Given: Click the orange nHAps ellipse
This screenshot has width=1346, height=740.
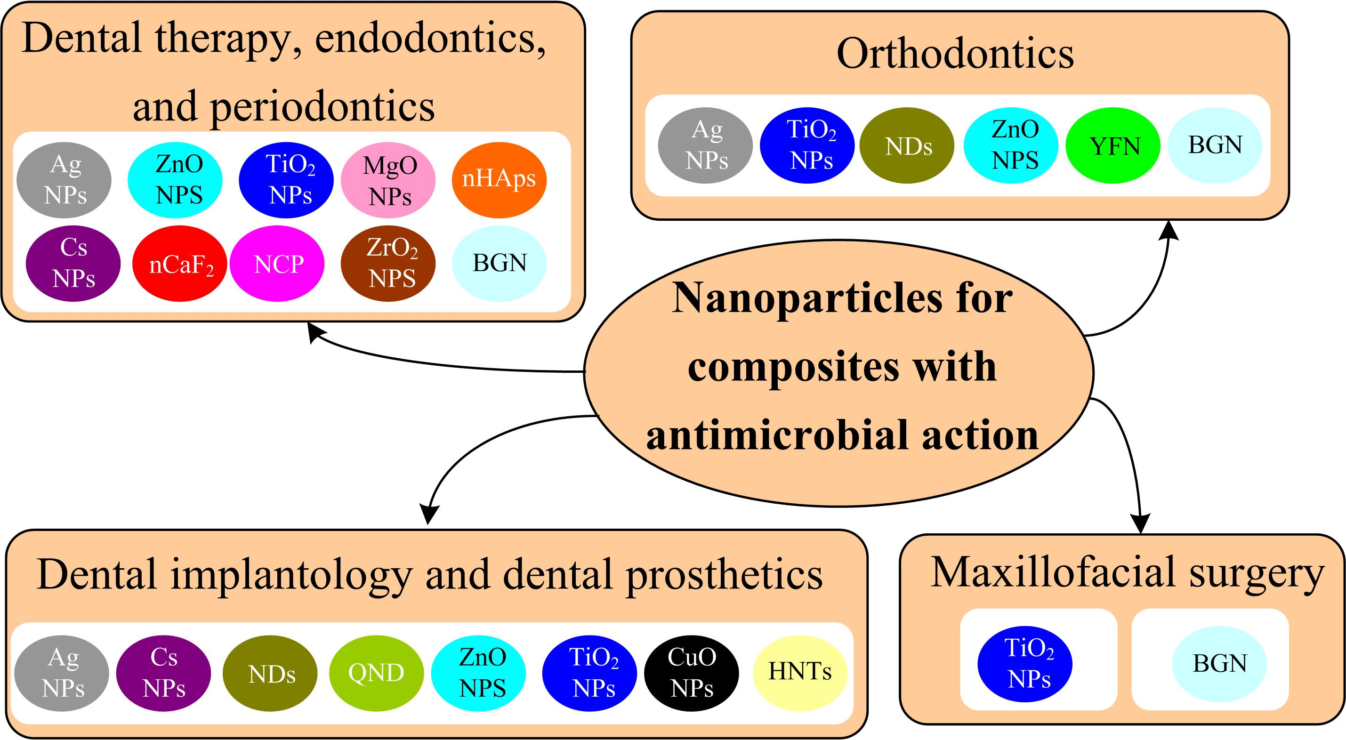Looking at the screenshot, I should [x=499, y=180].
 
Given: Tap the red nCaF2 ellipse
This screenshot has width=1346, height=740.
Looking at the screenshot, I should [x=180, y=264].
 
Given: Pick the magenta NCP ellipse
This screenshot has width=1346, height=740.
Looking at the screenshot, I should [x=277, y=264].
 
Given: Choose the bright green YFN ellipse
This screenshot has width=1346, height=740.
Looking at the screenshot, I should [x=1112, y=146].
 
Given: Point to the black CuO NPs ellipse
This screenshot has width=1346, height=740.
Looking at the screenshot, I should [x=691, y=673].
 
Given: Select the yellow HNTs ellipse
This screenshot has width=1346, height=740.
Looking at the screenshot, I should [x=799, y=673].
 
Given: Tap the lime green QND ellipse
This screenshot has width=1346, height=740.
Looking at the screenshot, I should [x=376, y=673].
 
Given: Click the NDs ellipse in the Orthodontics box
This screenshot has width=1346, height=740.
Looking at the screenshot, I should [x=907, y=146].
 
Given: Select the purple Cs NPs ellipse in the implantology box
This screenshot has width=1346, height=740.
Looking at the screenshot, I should [x=163, y=673].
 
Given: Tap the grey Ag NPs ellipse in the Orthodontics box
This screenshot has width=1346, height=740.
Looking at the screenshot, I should [x=705, y=146].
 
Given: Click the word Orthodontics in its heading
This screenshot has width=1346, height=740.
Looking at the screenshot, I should [x=955, y=54].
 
